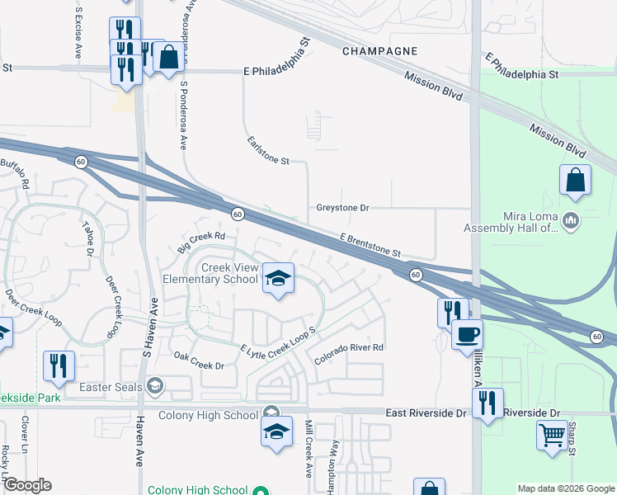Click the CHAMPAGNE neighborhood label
380,51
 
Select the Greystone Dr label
342,208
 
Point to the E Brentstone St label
370,244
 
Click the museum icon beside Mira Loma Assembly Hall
571,220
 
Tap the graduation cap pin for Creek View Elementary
278,278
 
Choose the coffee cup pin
467,333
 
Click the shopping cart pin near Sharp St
552,434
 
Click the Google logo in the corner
27,485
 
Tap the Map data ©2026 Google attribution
565,488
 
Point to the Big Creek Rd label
201,242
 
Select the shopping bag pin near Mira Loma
575,181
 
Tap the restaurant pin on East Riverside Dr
487,403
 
